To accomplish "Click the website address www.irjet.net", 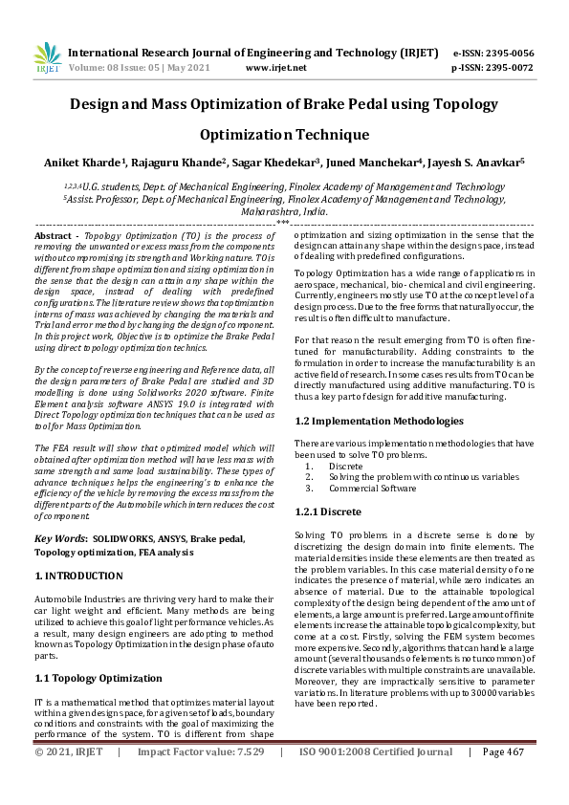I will click(275, 68).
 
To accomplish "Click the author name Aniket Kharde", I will click(85, 163).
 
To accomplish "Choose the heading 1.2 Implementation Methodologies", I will click(379, 420).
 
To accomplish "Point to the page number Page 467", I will click(502, 779).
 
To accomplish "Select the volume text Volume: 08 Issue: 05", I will click(120, 68).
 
